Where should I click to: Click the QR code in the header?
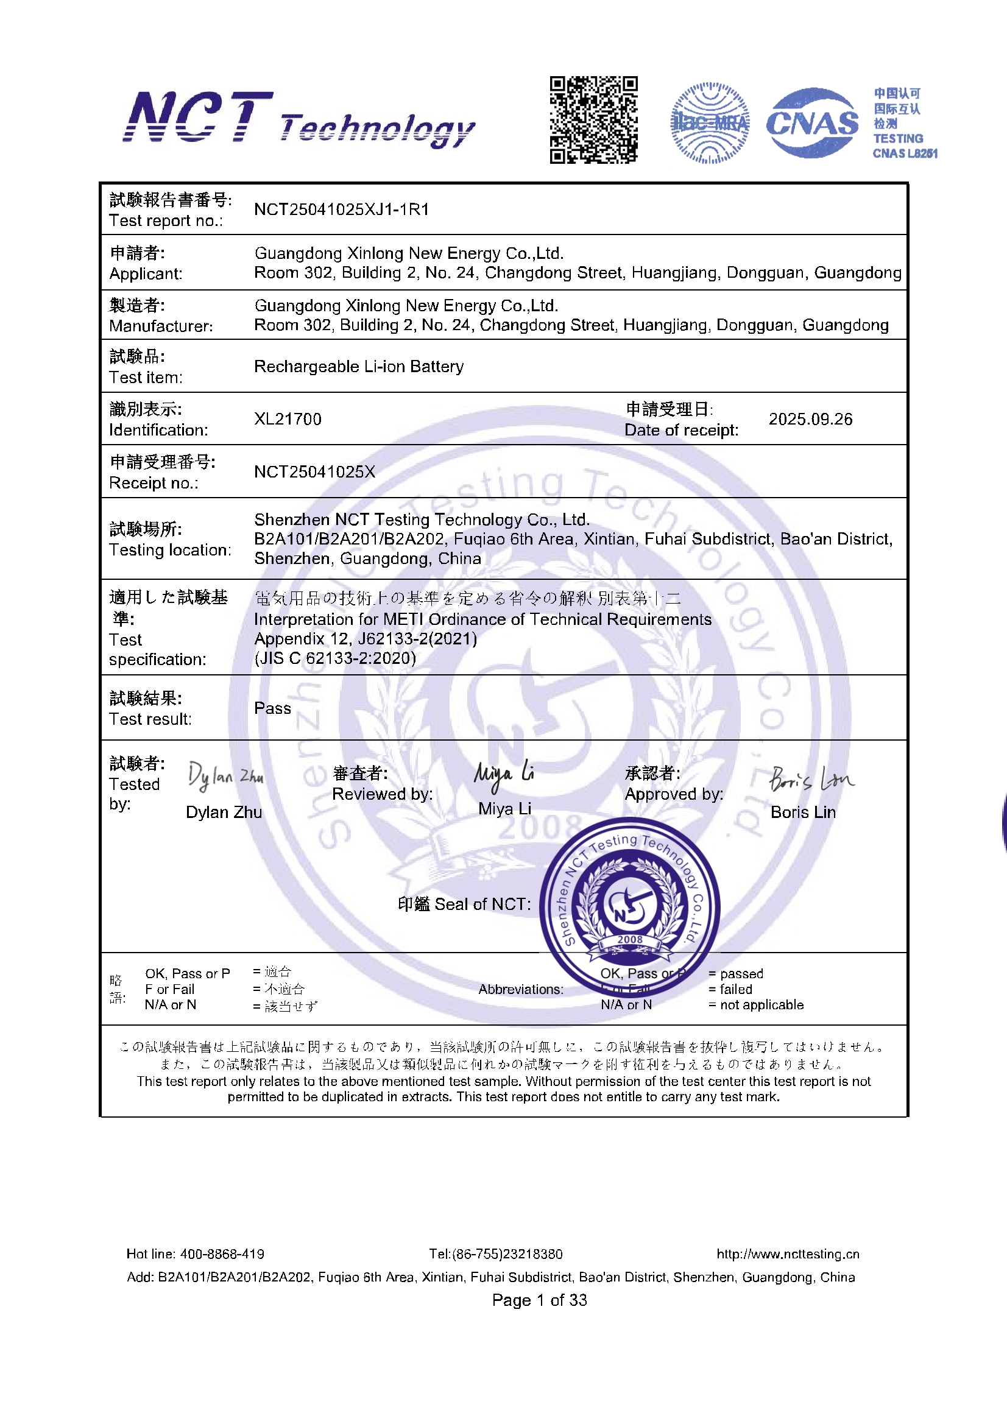coord(593,120)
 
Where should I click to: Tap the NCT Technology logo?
coord(299,119)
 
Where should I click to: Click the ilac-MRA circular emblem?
coord(710,123)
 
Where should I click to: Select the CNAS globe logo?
coord(812,123)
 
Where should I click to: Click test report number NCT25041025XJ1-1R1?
coord(341,210)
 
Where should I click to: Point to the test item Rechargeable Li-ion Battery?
coord(359,367)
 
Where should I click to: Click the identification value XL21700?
coord(288,419)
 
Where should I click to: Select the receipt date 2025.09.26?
coord(810,419)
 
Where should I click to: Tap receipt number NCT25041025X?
coord(314,472)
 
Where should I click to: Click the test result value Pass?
coord(272,708)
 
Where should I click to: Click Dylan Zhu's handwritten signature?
coord(225,777)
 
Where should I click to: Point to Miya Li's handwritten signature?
coord(503,774)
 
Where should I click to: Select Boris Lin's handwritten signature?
coord(810,779)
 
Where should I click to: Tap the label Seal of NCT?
coord(482,904)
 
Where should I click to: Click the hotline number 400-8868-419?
coord(222,1254)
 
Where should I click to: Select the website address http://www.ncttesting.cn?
coord(787,1254)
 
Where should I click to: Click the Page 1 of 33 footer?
coord(539,1300)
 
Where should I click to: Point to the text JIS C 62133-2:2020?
coord(335,658)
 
